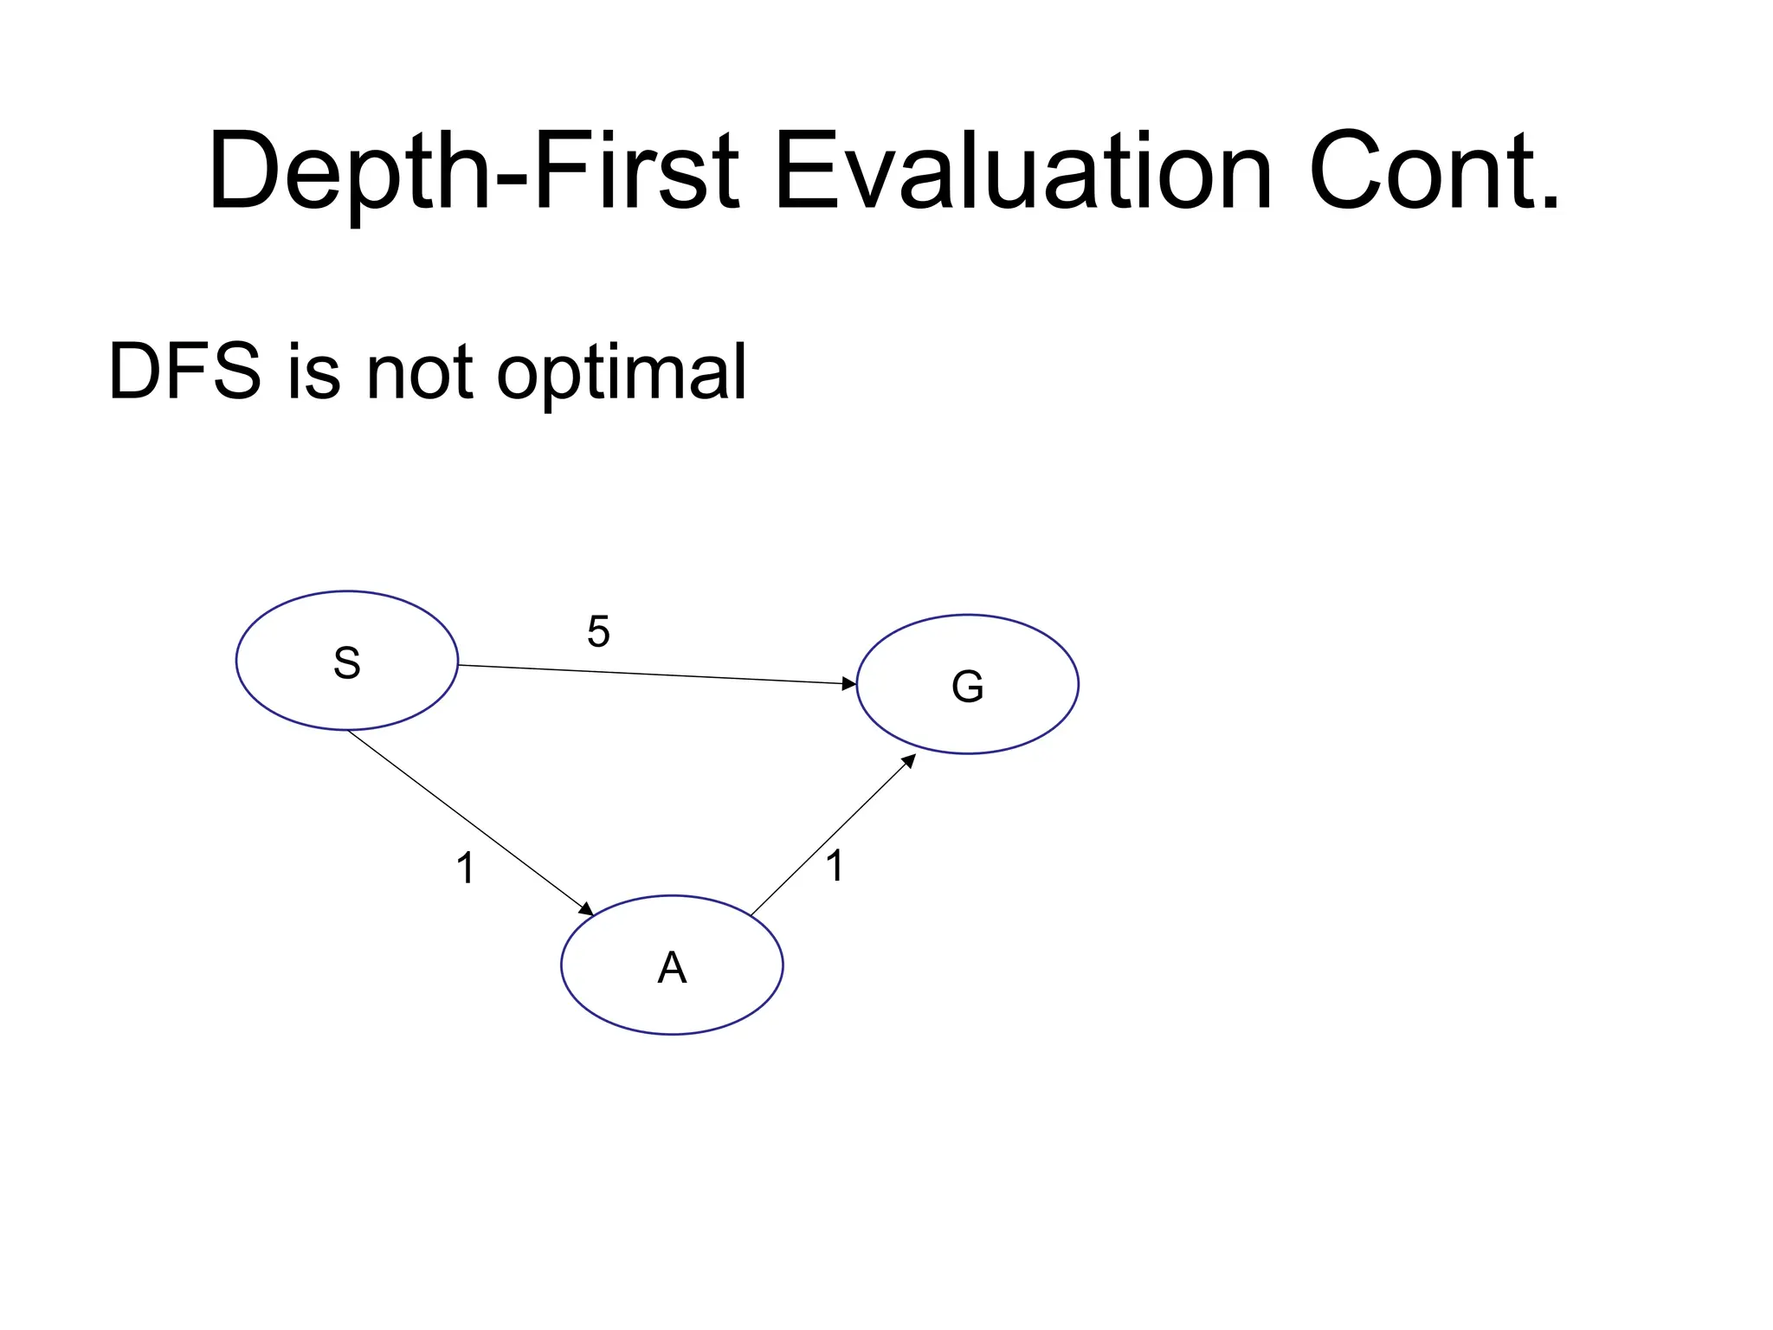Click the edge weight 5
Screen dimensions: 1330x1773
(x=598, y=631)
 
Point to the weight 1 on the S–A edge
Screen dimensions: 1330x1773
(x=465, y=868)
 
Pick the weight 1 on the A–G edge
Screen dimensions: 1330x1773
(x=835, y=866)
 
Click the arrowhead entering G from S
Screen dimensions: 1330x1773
(x=849, y=683)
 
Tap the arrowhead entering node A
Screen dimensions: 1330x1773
(x=587, y=909)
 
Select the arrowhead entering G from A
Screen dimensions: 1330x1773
(x=909, y=759)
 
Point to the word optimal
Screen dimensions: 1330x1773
(x=621, y=374)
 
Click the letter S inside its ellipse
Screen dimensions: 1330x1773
(x=346, y=663)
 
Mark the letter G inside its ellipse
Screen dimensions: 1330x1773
(x=967, y=687)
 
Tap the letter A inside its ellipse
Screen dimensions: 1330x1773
(x=672, y=967)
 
